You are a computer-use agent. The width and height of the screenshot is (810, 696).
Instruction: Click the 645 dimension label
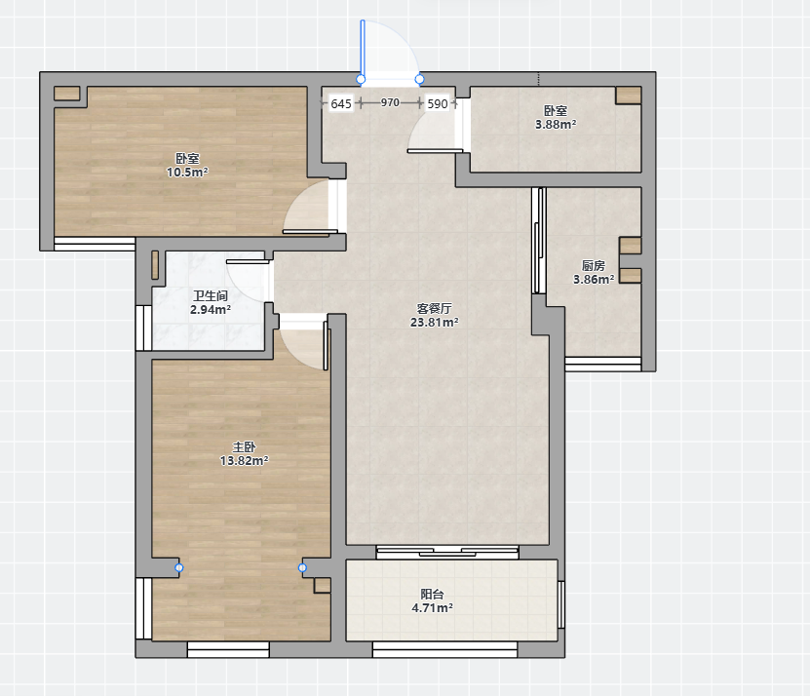click(341, 104)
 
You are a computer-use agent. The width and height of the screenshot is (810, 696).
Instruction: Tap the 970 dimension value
click(390, 102)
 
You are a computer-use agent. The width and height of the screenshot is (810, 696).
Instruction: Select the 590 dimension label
click(438, 104)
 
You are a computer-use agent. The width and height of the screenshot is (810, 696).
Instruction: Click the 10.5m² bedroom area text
click(187, 173)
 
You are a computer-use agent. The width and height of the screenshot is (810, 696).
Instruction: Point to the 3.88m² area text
click(556, 124)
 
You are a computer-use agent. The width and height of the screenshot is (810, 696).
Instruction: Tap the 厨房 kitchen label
click(594, 265)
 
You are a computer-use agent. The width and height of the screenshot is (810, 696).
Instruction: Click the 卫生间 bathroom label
click(211, 296)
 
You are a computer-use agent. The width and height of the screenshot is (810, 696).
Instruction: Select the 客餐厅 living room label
click(435, 308)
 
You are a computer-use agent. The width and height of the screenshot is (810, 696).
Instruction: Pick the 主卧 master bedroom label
click(244, 447)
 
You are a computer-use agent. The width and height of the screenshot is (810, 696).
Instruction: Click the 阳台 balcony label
click(433, 595)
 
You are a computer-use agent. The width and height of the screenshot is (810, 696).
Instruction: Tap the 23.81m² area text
click(435, 323)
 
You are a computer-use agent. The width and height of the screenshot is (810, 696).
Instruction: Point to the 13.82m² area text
click(245, 460)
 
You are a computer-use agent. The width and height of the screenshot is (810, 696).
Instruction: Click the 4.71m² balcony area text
click(433, 608)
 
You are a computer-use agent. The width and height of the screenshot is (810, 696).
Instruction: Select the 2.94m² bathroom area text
click(211, 310)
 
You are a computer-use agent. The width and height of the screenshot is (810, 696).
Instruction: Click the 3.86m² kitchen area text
click(594, 280)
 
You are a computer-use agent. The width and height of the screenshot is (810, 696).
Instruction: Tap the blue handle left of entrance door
click(361, 79)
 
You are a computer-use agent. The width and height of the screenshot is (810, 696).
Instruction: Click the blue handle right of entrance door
click(419, 79)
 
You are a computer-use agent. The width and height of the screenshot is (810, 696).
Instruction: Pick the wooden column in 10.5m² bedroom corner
click(67, 94)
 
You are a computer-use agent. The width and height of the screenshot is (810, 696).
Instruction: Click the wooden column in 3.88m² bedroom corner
click(629, 96)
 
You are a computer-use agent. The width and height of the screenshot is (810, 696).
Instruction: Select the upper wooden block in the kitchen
click(631, 246)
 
